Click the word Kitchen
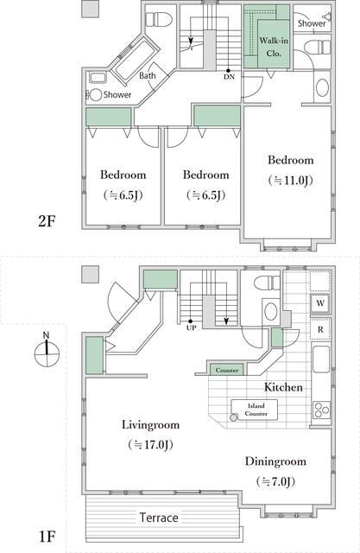tap(282, 387)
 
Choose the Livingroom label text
tap(150, 425)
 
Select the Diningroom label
tap(275, 461)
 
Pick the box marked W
tap(319, 304)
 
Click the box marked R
tap(319, 329)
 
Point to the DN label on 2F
tap(228, 76)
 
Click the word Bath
tap(148, 76)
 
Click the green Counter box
tap(227, 370)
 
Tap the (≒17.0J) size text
tap(150, 445)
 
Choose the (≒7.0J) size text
tap(275, 480)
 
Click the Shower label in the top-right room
tap(312, 24)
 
